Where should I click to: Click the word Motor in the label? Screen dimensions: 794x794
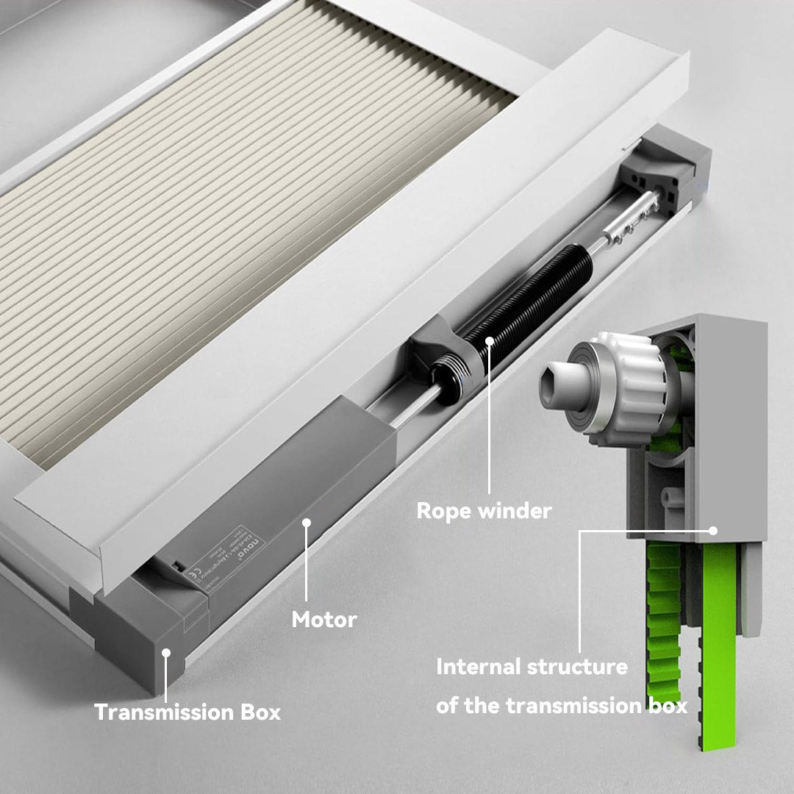click(x=324, y=620)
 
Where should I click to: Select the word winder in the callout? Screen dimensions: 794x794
click(x=514, y=511)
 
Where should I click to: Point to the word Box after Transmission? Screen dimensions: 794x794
click(x=262, y=712)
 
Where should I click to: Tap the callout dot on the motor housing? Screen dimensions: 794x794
click(x=307, y=523)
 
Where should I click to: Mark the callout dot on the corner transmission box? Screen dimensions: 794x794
click(x=167, y=651)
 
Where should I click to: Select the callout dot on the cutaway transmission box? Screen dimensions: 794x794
click(x=712, y=529)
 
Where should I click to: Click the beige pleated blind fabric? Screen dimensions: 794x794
click(x=221, y=221)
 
